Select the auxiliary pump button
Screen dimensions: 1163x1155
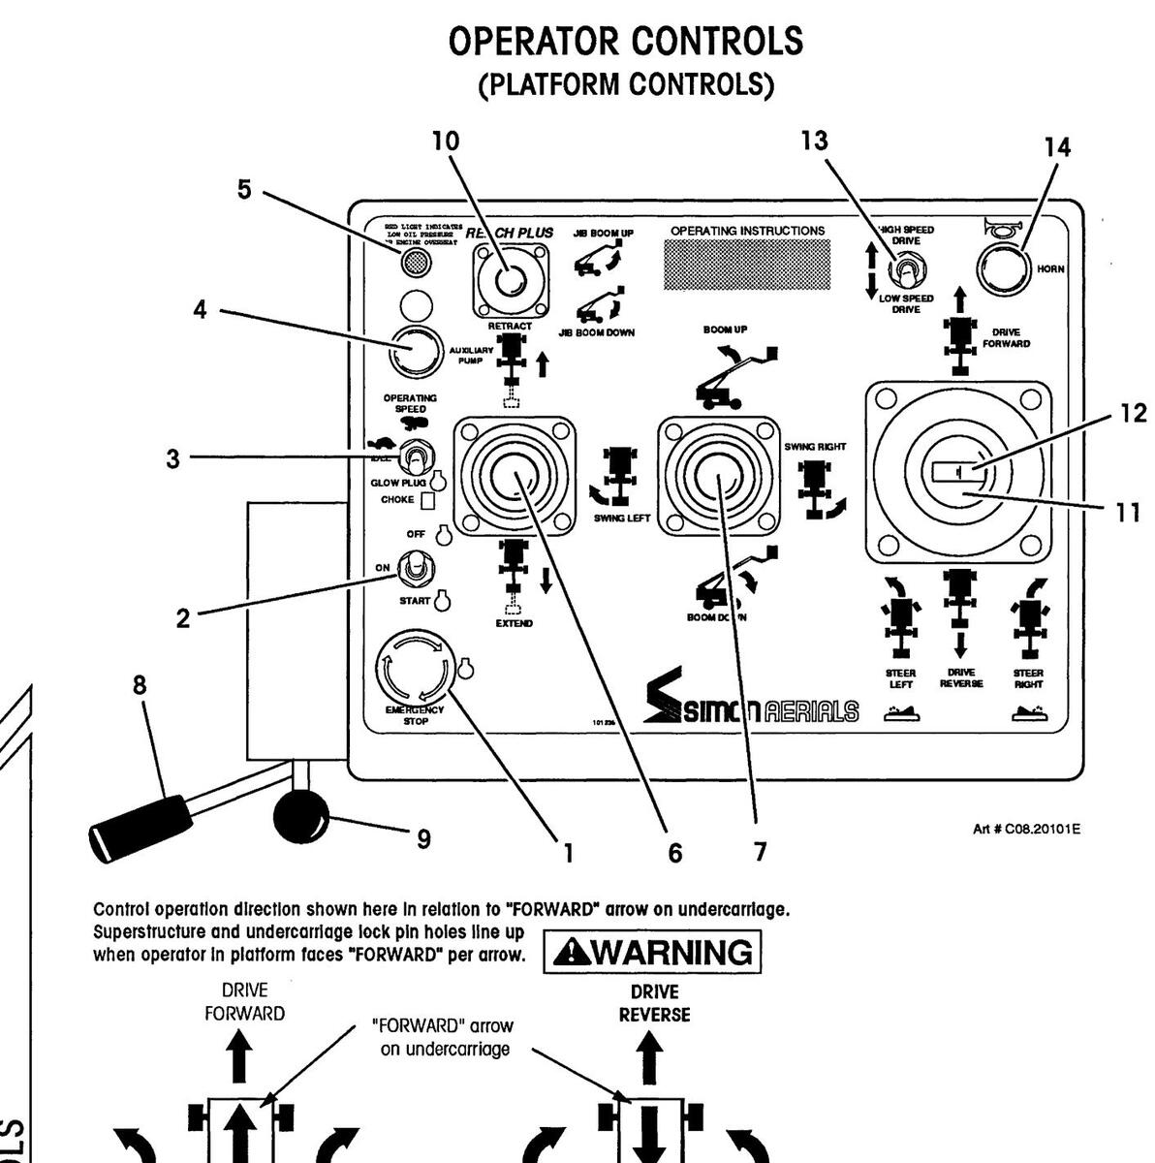tap(415, 351)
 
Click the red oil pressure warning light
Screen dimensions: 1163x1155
tap(416, 262)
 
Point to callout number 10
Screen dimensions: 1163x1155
tap(446, 141)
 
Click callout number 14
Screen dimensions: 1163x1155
tap(1057, 147)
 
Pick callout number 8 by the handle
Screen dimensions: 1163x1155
tap(140, 685)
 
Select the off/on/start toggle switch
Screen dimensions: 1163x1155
tap(417, 568)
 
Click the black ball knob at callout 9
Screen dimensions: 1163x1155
tap(301, 817)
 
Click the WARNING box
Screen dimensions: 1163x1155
tap(652, 952)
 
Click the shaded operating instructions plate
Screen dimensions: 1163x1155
tap(747, 264)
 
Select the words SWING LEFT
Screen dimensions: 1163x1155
tap(621, 519)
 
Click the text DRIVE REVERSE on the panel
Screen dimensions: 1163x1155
tap(960, 677)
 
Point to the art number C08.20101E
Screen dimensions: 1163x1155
tap(1026, 829)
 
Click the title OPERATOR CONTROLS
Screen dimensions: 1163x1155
tap(627, 42)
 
